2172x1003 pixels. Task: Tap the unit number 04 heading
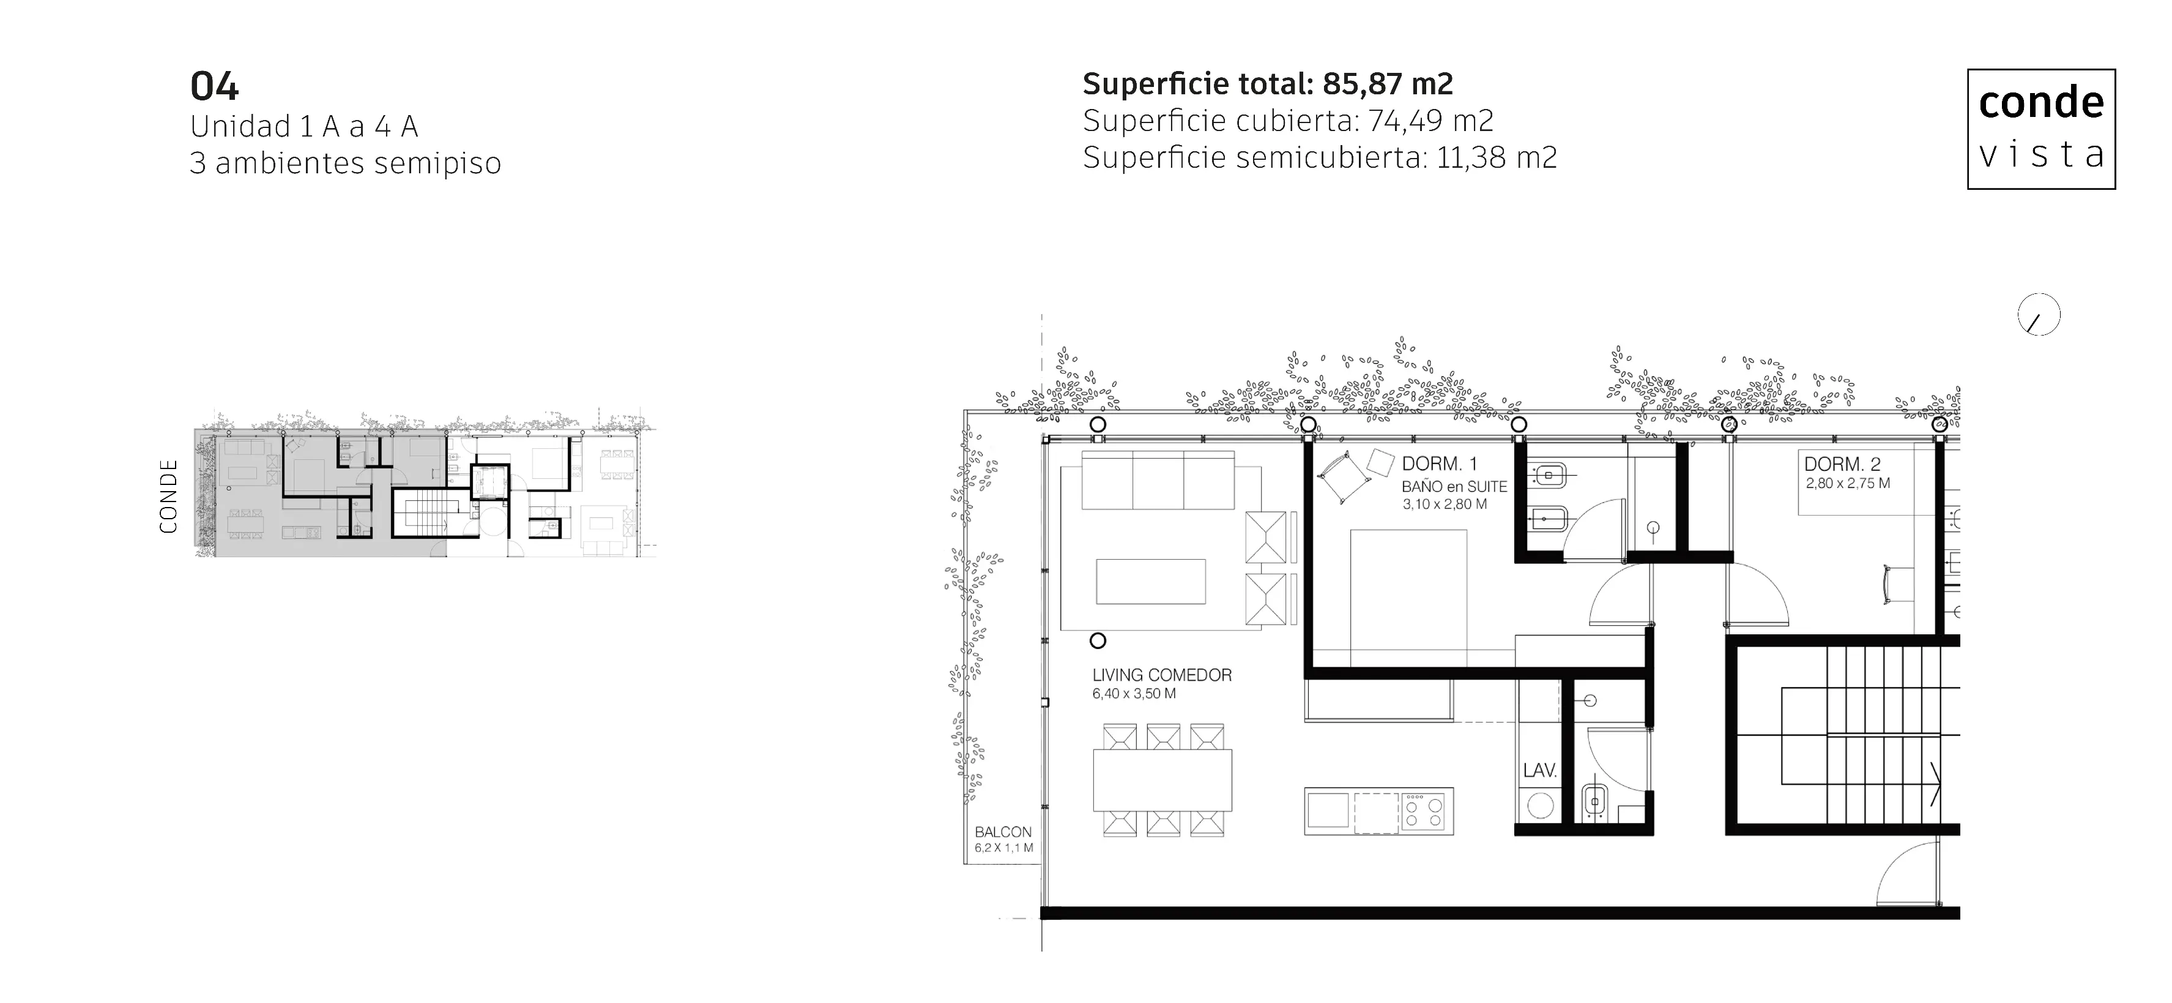[214, 86]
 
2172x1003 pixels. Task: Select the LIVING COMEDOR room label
[1162, 675]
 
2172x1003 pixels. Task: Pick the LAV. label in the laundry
[1539, 770]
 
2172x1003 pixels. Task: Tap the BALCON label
[1003, 832]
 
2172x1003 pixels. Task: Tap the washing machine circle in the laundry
[1539, 806]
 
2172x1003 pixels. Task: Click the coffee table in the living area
[1150, 581]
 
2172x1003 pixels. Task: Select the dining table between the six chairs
[1162, 780]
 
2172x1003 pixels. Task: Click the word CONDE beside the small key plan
[169, 496]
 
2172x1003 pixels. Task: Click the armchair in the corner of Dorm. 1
[1344, 478]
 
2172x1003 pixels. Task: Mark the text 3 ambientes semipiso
[346, 163]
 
